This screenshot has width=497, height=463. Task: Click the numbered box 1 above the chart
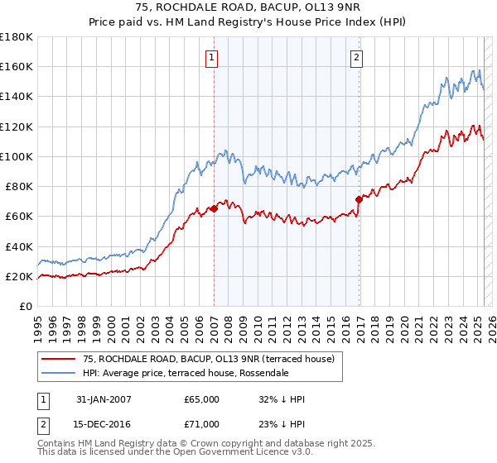pyautogui.click(x=213, y=57)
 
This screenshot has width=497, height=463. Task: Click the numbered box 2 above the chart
pyautogui.click(x=356, y=57)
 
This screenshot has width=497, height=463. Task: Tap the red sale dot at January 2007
pyautogui.click(x=214, y=208)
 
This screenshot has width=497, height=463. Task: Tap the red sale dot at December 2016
pyautogui.click(x=359, y=199)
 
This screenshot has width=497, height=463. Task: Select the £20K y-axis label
pyautogui.click(x=19, y=276)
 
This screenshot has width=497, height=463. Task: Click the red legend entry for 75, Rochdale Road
pyautogui.click(x=208, y=359)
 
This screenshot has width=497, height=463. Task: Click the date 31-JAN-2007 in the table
pyautogui.click(x=104, y=399)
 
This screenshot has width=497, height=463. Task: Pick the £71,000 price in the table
pyautogui.click(x=202, y=424)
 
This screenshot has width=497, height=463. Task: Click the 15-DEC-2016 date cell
pyautogui.click(x=104, y=424)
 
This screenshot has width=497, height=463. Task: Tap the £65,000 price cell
pyautogui.click(x=202, y=399)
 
